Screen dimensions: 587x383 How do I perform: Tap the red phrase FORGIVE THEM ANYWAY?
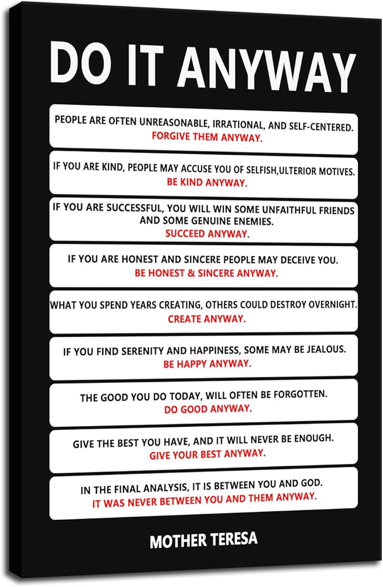click(207, 137)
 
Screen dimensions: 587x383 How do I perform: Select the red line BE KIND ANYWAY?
click(207, 182)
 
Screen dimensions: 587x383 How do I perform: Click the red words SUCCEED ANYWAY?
click(207, 232)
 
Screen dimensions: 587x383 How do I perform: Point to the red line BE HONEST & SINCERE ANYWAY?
click(206, 272)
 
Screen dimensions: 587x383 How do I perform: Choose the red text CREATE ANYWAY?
click(206, 319)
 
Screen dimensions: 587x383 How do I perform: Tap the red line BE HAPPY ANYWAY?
click(206, 364)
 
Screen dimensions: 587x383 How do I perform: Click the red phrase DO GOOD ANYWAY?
click(208, 408)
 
